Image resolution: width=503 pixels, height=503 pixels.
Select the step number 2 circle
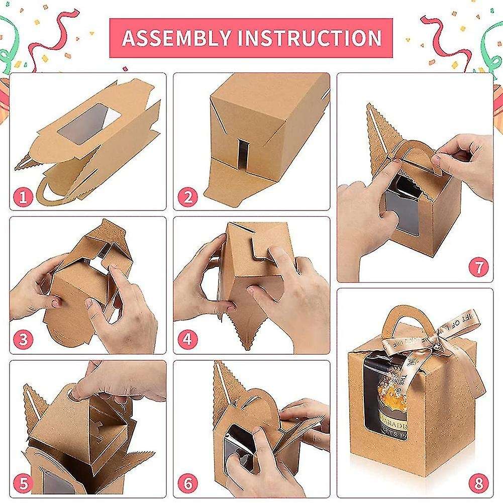click(187, 196)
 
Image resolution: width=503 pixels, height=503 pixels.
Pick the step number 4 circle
click(187, 339)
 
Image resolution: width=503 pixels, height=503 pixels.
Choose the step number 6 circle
click(187, 483)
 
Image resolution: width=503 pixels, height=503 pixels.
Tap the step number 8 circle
click(478, 483)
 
